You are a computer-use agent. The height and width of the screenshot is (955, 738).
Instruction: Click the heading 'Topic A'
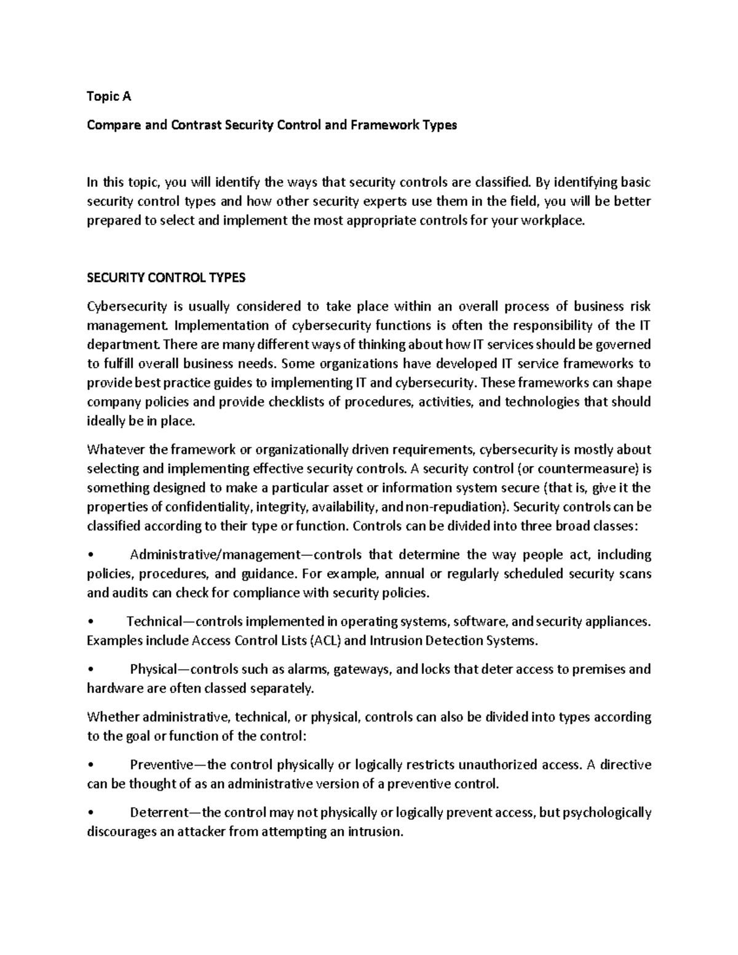[x=109, y=97]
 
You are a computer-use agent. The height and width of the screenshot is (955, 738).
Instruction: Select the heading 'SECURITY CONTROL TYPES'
[x=165, y=277]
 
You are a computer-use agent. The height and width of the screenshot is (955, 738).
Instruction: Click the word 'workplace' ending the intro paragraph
[x=550, y=220]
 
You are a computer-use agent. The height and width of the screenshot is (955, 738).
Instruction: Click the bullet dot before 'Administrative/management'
[x=90, y=555]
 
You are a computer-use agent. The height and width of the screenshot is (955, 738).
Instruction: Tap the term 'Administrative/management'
[x=213, y=555]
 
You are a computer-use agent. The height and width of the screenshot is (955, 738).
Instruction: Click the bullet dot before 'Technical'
[x=90, y=622]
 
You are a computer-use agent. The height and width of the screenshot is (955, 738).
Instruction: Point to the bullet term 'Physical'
[x=153, y=669]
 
